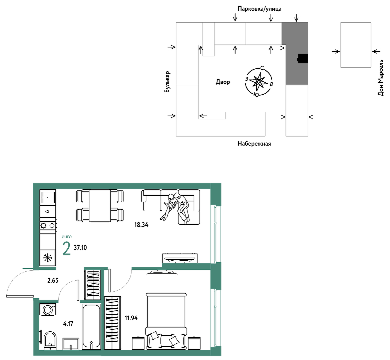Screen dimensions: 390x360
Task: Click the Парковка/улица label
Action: click(260, 9)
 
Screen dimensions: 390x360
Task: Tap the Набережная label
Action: click(254, 144)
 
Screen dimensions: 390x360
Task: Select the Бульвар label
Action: click(167, 82)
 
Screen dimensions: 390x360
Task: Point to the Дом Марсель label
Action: click(381, 78)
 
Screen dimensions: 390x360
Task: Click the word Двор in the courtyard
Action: click(223, 82)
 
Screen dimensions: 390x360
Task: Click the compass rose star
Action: click(259, 81)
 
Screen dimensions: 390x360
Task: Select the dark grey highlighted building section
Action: click(295, 53)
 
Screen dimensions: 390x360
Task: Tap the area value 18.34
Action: click(141, 225)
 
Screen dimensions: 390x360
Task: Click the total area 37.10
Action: click(80, 247)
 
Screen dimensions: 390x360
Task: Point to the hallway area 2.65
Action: click(53, 280)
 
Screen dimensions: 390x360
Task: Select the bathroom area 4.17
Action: click(68, 324)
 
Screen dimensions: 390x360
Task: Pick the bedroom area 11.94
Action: click(131, 318)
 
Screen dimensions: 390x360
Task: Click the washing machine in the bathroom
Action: click(47, 309)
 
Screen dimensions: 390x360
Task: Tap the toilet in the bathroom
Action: click(50, 340)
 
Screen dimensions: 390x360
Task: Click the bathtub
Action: click(91, 326)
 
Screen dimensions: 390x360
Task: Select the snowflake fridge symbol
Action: click(47, 258)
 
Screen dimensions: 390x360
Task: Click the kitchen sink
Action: click(48, 197)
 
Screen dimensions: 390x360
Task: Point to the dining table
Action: click(100, 205)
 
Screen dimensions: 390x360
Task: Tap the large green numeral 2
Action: click(67, 248)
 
